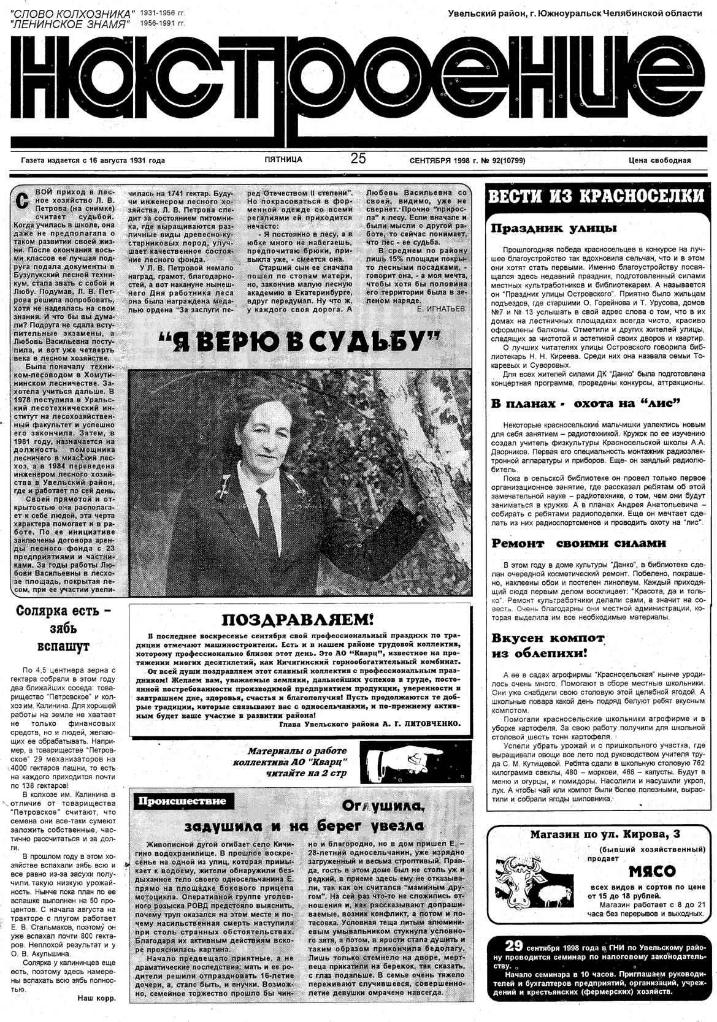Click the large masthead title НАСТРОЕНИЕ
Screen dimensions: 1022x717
[x=358, y=86]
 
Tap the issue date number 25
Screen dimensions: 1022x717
[x=358, y=159]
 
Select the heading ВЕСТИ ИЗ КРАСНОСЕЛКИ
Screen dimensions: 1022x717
[x=595, y=197]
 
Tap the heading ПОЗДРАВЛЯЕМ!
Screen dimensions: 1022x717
[x=296, y=620]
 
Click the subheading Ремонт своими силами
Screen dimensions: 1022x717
[x=578, y=543]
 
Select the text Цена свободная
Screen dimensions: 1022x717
[x=659, y=161]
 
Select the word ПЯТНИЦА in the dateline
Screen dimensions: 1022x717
[x=283, y=159]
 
